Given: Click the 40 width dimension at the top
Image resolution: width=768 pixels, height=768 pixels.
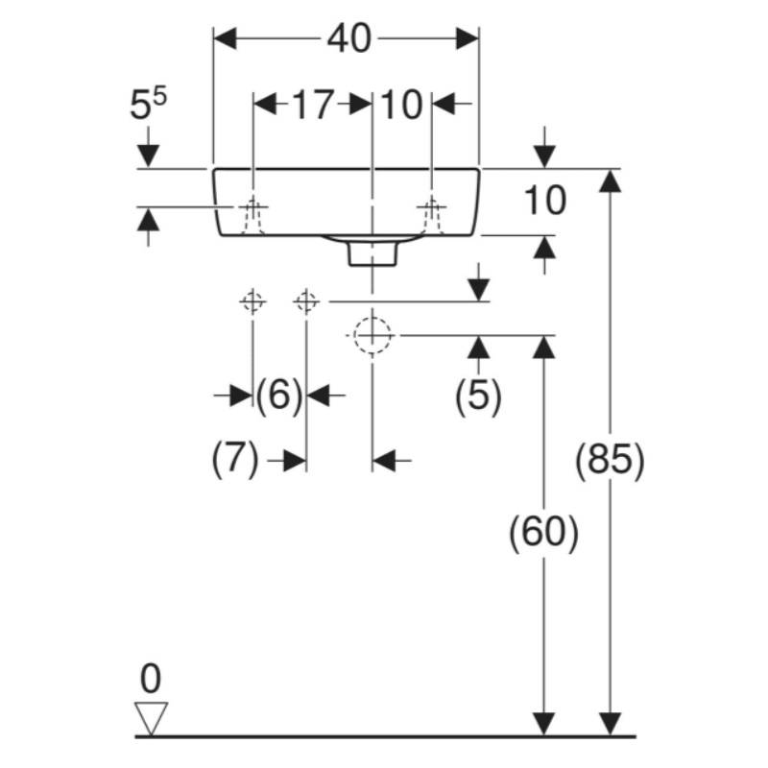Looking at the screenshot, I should (347, 38).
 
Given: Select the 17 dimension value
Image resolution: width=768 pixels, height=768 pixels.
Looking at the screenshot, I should (312, 104).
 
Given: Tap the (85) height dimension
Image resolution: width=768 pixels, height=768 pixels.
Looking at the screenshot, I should (609, 461).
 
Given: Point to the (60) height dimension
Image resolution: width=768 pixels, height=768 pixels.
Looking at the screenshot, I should (544, 534).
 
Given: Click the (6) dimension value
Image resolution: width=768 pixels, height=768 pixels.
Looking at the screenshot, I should (279, 394).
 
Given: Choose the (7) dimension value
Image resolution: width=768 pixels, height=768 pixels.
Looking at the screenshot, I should (235, 462).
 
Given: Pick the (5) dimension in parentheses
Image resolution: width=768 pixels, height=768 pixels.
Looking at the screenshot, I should (478, 395).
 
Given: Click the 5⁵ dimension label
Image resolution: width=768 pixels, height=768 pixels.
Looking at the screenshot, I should (148, 105).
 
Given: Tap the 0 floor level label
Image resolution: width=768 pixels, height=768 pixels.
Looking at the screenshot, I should (151, 679).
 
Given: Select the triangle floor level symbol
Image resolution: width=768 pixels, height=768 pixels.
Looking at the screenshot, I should (152, 716).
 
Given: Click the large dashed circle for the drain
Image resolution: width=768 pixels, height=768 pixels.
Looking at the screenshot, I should (372, 335).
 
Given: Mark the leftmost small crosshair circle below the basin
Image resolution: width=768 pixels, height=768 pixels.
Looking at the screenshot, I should (252, 302).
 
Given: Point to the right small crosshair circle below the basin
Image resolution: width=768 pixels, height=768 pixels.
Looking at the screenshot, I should (306, 302).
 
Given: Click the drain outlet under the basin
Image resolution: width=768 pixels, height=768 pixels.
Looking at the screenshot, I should (372, 252).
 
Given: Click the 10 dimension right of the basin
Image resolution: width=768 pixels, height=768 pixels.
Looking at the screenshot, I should (544, 202).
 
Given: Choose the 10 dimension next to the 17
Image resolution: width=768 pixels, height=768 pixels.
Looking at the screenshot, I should (401, 104).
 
